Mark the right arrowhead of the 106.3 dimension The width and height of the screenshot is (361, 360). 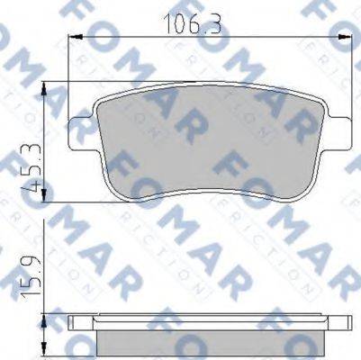(x=346, y=36)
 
